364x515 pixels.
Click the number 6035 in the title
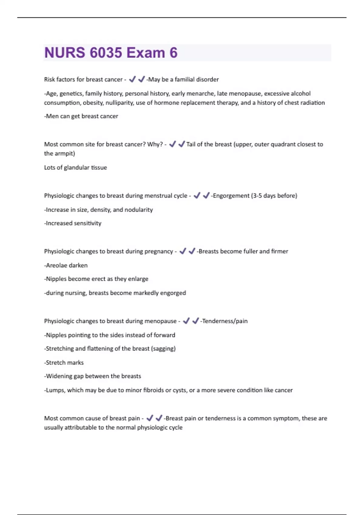(106, 53)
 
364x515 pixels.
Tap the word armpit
(65, 154)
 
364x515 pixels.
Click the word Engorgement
(231, 196)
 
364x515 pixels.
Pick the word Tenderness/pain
(225, 321)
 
